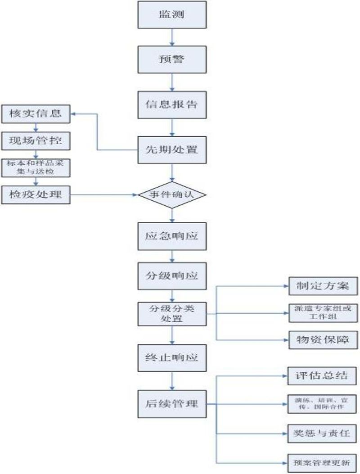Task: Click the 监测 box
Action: pyautogui.click(x=171, y=14)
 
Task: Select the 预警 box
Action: pyautogui.click(x=171, y=59)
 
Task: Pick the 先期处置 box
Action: pyautogui.click(x=171, y=150)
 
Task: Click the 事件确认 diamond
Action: pyautogui.click(x=171, y=195)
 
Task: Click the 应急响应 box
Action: pyautogui.click(x=171, y=236)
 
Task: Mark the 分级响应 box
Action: pyautogui.click(x=171, y=275)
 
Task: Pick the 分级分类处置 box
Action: pyautogui.click(x=171, y=313)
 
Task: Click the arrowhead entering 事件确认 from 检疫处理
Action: pyautogui.click(x=135, y=195)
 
